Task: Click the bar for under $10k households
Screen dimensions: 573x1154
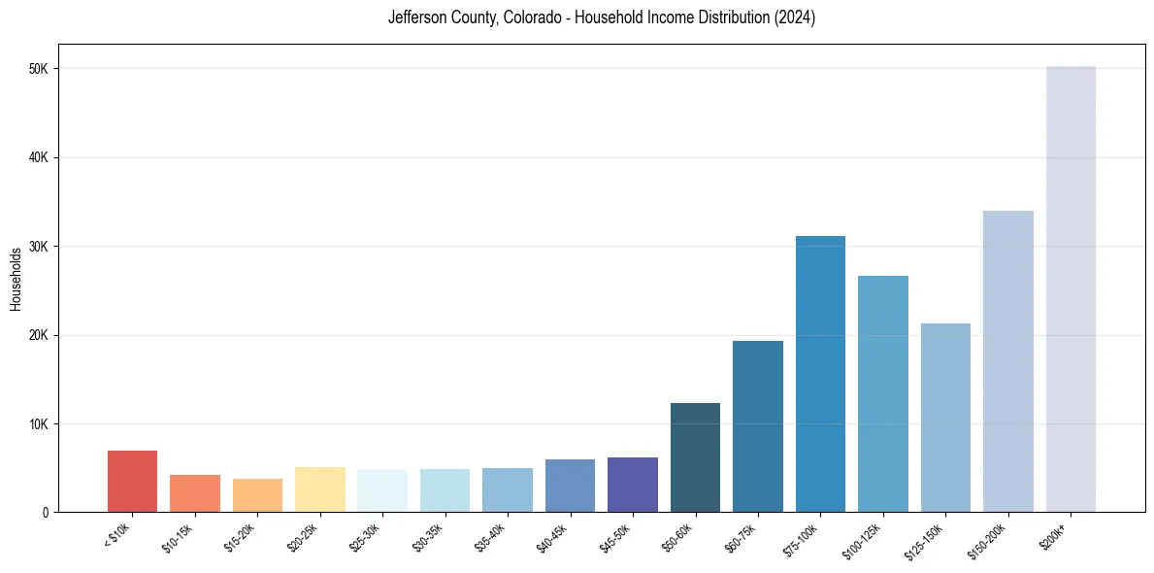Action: pyautogui.click(x=132, y=482)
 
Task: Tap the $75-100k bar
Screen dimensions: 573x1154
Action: pyautogui.click(x=820, y=374)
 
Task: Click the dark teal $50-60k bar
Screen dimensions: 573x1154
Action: pyautogui.click(x=695, y=457)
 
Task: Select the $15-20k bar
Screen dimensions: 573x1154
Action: pyautogui.click(x=257, y=495)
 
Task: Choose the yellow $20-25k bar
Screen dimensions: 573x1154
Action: pyautogui.click(x=319, y=489)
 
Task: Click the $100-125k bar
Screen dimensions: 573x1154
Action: pyautogui.click(x=883, y=393)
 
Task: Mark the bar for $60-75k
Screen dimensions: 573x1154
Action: pyautogui.click(x=758, y=426)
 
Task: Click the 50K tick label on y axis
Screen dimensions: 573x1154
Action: pyautogui.click(x=41, y=69)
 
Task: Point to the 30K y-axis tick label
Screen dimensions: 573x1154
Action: pyautogui.click(x=41, y=247)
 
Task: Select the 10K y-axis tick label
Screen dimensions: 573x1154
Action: pyautogui.click(x=41, y=424)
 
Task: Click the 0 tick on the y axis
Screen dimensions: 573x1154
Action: pyautogui.click(x=46, y=513)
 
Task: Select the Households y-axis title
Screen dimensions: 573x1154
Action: pyautogui.click(x=16, y=279)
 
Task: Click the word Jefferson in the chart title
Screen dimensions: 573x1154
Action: pyautogui.click(x=415, y=18)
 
